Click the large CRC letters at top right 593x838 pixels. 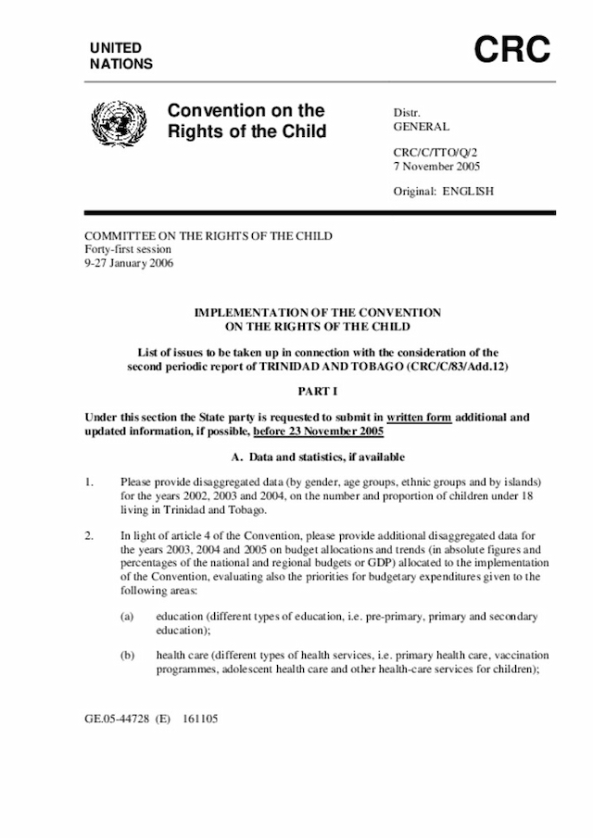pyautogui.click(x=512, y=51)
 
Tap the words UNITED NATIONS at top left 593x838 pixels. pyautogui.click(x=121, y=56)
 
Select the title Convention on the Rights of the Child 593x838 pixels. pyautogui.click(x=246, y=121)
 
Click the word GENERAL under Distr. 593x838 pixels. pyautogui.click(x=422, y=127)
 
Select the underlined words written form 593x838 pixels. pyautogui.click(x=420, y=418)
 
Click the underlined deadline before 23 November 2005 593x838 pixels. pyautogui.click(x=318, y=432)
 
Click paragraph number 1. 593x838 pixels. pyautogui.click(x=89, y=483)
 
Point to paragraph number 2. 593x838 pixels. pyautogui.click(x=89, y=535)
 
